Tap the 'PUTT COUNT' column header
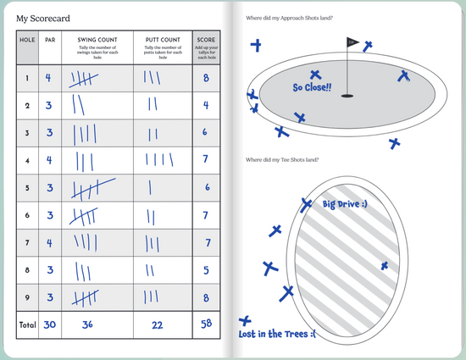(162, 39)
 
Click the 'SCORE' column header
(205, 39)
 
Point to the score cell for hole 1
(205, 79)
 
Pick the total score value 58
(205, 324)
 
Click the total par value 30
(49, 324)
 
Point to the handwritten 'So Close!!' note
(313, 87)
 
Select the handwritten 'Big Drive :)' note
(345, 205)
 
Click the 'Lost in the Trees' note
(276, 334)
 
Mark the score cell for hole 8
(205, 270)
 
